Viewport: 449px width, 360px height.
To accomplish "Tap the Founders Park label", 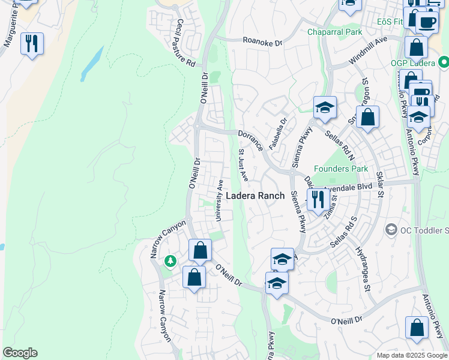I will [342, 169].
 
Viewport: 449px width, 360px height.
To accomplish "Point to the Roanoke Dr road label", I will [262, 41].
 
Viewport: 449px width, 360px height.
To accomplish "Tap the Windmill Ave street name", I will [368, 53].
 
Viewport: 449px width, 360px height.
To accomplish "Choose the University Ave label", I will [220, 200].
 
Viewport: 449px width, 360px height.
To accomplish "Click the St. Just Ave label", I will [243, 164].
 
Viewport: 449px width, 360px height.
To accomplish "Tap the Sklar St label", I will [379, 182].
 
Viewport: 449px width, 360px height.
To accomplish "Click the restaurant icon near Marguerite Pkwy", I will [32, 43].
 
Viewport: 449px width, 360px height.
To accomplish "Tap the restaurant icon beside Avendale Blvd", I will [317, 199].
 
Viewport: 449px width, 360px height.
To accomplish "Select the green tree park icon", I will [171, 260].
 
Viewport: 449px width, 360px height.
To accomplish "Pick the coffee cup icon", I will [427, 22].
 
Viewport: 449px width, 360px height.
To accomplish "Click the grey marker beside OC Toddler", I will [391, 230].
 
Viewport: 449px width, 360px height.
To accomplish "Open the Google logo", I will [20, 353].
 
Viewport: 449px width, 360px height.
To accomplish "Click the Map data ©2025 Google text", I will [411, 355].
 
